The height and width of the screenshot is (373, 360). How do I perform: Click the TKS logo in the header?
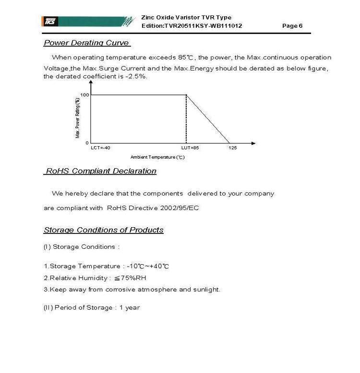50,21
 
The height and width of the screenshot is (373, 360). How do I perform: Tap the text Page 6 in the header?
292,26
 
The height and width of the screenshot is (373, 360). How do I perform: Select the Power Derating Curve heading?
86,43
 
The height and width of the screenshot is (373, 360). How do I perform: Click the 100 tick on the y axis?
84,95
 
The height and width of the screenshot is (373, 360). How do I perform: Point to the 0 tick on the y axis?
87,143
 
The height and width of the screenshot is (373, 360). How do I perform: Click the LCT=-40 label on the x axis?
100,148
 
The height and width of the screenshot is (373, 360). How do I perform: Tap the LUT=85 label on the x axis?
190,148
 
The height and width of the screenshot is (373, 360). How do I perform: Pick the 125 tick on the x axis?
232,148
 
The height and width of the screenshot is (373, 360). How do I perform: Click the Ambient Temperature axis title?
157,157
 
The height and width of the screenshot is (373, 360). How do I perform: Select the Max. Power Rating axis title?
78,118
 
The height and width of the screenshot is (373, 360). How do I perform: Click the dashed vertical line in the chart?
186,120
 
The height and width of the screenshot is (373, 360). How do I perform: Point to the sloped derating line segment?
208,119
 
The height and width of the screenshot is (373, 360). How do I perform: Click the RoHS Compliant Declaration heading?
100,171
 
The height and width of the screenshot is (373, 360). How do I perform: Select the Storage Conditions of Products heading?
104,230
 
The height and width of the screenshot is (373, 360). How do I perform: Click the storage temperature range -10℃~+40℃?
148,266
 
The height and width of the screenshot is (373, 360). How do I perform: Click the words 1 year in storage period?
130,307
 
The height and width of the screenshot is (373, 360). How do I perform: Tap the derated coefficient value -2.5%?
137,76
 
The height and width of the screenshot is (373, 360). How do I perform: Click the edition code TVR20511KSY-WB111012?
203,26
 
